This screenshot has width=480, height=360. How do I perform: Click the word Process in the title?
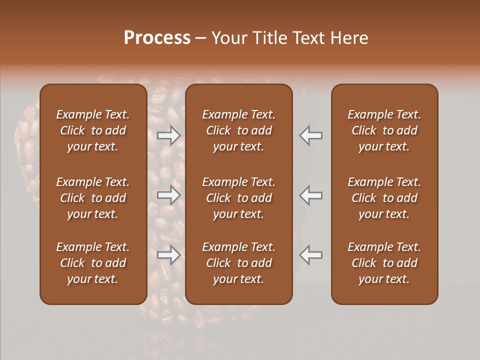[x=157, y=38]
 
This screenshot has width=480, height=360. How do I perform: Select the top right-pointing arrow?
[x=168, y=135]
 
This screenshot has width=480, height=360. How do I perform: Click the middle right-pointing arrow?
[x=168, y=195]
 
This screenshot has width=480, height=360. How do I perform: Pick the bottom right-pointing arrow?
[x=168, y=255]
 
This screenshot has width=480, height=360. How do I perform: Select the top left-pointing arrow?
[x=310, y=135]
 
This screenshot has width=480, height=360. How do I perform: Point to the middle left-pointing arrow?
[x=310, y=195]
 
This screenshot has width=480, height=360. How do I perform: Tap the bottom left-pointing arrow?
[x=310, y=255]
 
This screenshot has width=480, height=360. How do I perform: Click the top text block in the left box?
[x=93, y=130]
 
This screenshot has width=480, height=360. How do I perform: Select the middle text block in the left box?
[x=93, y=198]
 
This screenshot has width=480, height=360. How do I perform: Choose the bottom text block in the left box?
[x=93, y=263]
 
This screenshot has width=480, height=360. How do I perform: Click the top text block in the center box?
[x=239, y=130]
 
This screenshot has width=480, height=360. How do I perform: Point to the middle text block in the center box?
[x=239, y=198]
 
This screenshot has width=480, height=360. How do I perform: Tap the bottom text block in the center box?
[x=239, y=263]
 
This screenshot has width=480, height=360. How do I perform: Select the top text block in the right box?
[x=384, y=130]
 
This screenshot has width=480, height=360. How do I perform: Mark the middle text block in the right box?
[x=384, y=198]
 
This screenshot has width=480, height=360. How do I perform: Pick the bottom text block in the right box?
[x=384, y=263]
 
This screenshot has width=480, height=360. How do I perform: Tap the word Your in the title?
[x=227, y=38]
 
